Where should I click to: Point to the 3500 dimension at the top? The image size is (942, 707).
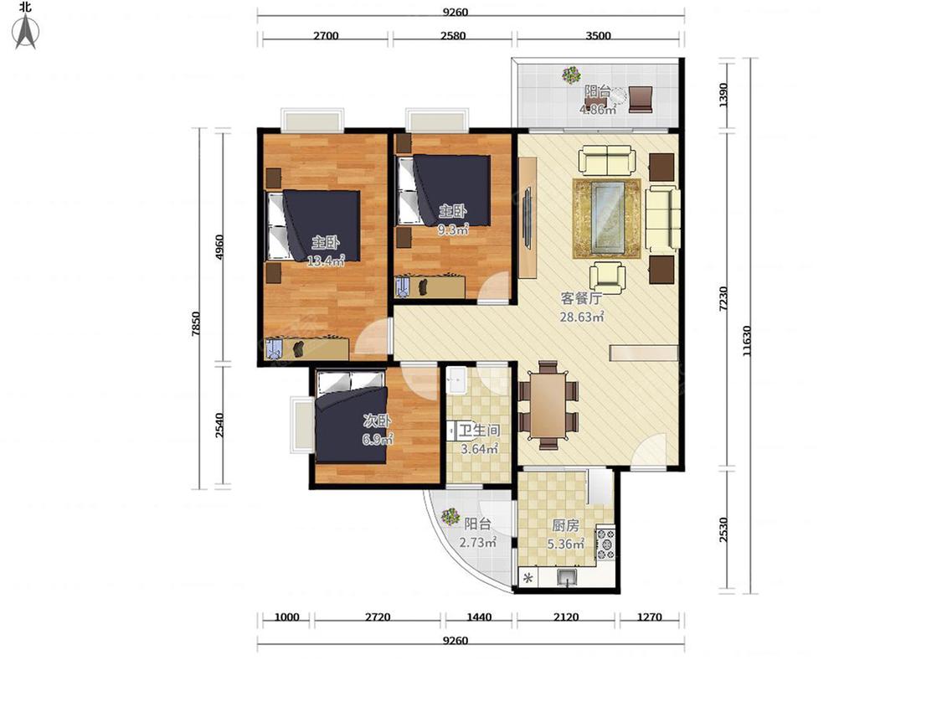[x=598, y=35]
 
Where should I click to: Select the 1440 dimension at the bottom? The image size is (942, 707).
[x=479, y=617]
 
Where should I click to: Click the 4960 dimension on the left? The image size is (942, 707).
[x=219, y=247]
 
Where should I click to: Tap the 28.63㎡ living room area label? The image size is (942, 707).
[x=582, y=317]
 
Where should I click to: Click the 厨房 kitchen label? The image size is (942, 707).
[x=565, y=525]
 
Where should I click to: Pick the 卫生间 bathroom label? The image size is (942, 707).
[x=480, y=431]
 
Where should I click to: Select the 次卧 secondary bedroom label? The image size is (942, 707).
[x=377, y=421]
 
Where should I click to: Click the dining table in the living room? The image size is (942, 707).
[x=548, y=405]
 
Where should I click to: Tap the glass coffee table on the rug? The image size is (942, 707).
[x=607, y=219]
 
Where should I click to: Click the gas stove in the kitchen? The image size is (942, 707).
[x=605, y=544]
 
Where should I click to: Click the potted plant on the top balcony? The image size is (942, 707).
[x=571, y=75]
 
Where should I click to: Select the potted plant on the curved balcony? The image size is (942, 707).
[x=450, y=516]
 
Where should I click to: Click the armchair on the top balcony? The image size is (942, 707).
[x=641, y=99]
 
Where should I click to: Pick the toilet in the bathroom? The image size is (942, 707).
[x=452, y=431]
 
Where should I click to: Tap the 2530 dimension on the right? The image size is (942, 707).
[x=724, y=529]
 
